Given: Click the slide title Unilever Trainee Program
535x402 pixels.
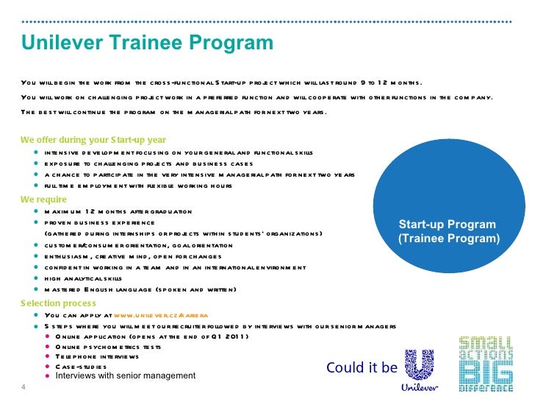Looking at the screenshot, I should click(147, 43).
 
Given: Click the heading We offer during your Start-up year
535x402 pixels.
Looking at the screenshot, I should click(93, 140).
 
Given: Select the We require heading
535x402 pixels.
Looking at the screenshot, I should click(43, 200).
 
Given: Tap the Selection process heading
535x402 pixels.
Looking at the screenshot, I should click(58, 303).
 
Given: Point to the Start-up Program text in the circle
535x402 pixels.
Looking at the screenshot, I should click(448, 225).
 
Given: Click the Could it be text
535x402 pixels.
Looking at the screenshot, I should click(361, 367).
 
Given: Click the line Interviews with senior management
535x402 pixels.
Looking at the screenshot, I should click(126, 376).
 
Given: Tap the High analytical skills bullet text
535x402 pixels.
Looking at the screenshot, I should click(82, 278).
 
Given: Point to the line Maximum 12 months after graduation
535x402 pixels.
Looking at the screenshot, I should click(118, 211).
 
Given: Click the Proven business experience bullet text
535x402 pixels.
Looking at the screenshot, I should click(99, 222).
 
